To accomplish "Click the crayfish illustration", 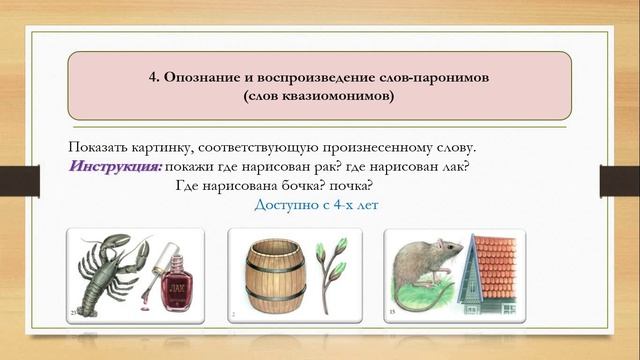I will point(105,271).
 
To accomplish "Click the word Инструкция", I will point(116,165).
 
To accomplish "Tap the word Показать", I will point(102,146).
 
